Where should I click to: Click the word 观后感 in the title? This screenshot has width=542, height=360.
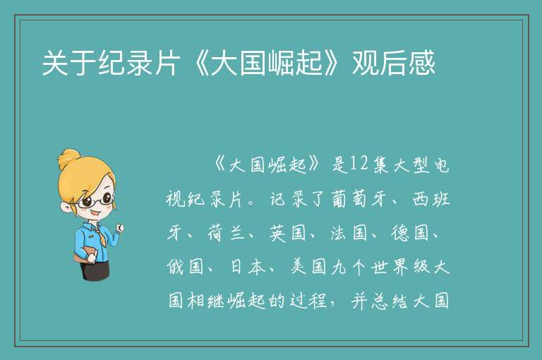point(393,63)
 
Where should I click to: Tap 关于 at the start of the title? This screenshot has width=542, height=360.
point(69,63)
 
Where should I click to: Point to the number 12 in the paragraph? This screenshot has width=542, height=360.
point(359,164)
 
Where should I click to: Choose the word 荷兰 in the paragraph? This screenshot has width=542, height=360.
point(227,233)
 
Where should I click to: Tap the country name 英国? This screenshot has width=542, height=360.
point(288,233)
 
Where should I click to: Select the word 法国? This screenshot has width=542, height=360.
point(349,233)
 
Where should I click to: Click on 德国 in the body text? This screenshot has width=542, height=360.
point(409,233)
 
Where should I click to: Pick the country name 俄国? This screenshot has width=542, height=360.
point(186,267)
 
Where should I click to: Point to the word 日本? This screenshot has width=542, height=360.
point(247,267)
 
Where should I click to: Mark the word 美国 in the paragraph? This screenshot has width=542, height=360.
point(308,267)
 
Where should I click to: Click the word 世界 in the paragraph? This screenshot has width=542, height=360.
point(390,267)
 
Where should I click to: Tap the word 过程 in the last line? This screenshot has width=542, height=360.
point(308,301)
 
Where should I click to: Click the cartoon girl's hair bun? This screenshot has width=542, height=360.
point(68,158)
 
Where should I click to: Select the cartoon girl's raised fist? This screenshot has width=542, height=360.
point(120,227)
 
